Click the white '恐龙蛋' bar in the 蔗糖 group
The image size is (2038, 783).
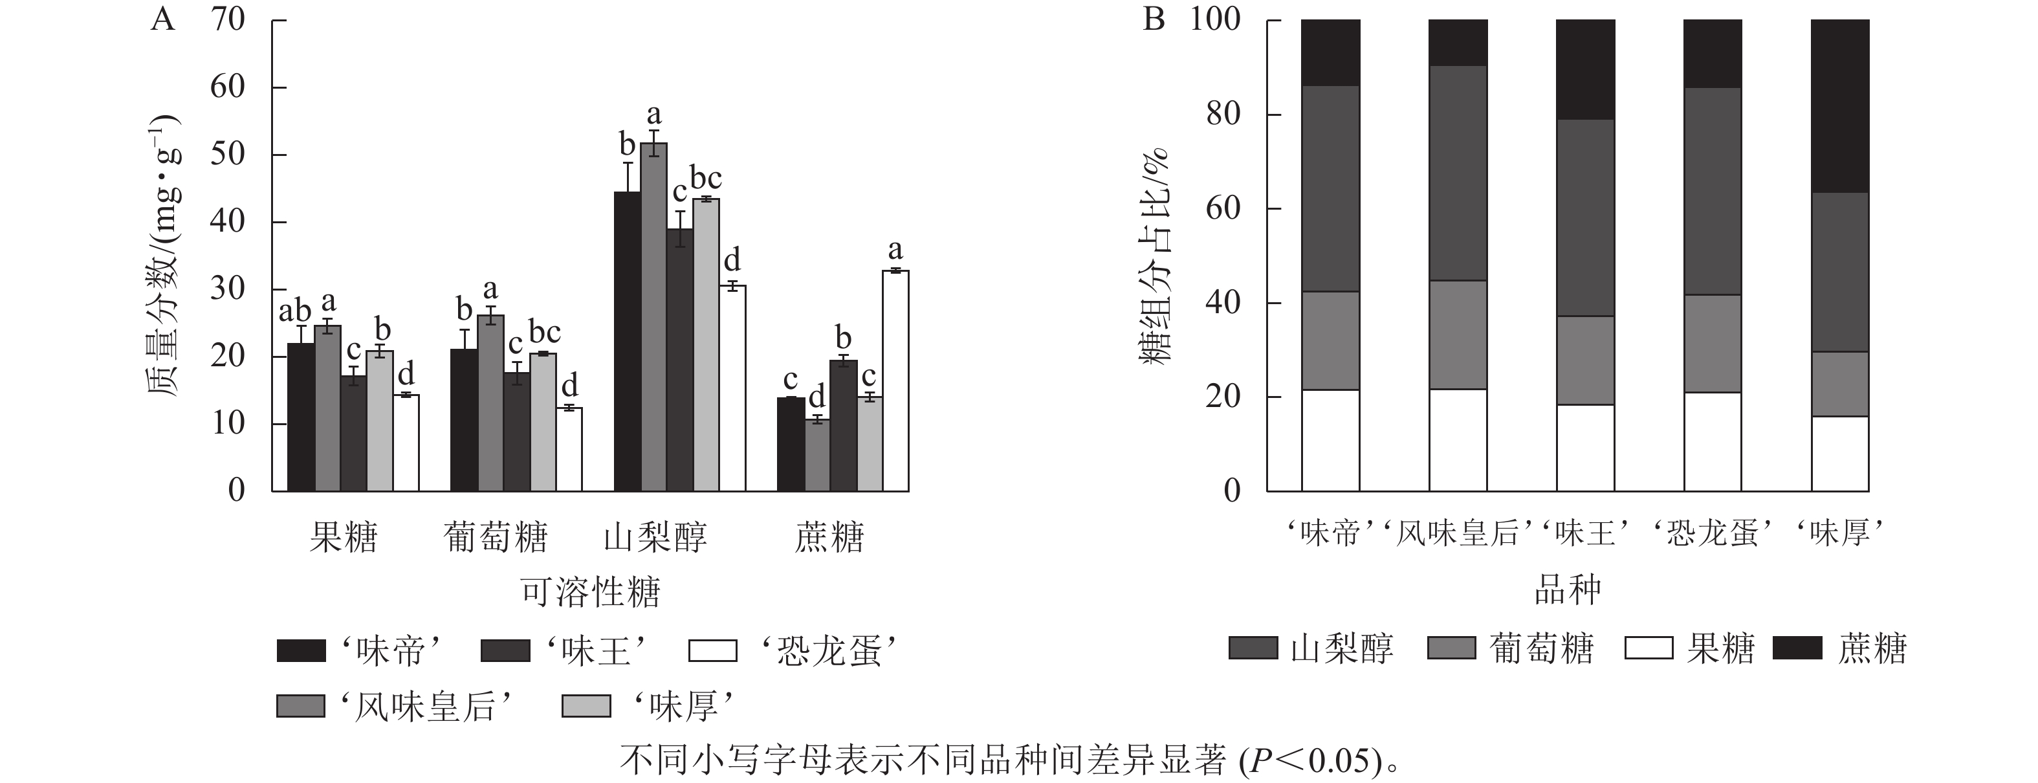pyautogui.click(x=895, y=380)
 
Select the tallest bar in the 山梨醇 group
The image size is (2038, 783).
pyautogui.click(x=653, y=316)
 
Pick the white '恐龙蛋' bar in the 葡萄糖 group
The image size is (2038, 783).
pyautogui.click(x=569, y=449)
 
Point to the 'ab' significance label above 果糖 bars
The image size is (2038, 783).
pyautogui.click(x=295, y=313)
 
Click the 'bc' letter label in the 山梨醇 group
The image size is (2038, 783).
pyautogui.click(x=706, y=179)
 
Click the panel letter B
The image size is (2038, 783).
pyautogui.click(x=1154, y=18)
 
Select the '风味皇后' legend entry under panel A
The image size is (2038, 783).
pyautogui.click(x=395, y=705)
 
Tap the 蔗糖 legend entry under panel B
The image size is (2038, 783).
pyautogui.click(x=1839, y=648)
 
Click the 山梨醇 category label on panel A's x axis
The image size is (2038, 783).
pyautogui.click(x=655, y=538)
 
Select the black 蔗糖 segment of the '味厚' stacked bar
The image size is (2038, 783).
pyautogui.click(x=1840, y=106)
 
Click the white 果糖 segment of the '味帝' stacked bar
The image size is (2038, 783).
pyautogui.click(x=1331, y=440)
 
